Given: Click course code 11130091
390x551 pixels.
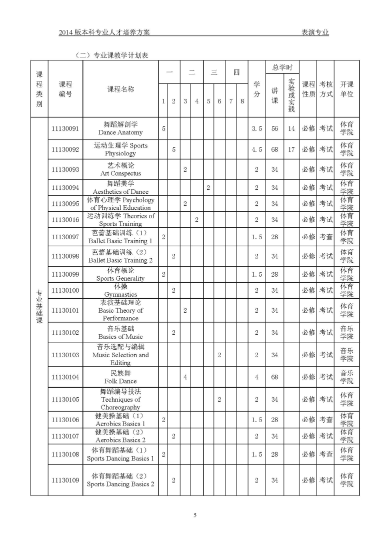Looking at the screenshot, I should pyautogui.click(x=65, y=128).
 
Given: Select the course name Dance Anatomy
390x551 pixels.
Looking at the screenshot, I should pyautogui.click(x=120, y=128).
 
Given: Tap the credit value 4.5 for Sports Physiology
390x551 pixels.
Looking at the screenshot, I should pyautogui.click(x=256, y=149).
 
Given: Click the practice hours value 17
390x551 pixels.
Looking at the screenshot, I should pyautogui.click(x=291, y=149).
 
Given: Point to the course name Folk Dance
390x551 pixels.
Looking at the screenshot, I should pyautogui.click(x=120, y=377).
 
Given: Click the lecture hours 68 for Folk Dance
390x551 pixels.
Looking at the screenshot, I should pyautogui.click(x=274, y=377).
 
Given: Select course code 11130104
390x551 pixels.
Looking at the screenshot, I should pyautogui.click(x=65, y=377).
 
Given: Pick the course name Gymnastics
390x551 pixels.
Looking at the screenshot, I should pyautogui.click(x=120, y=290).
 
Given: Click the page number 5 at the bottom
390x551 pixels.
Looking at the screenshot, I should pyautogui.click(x=195, y=515).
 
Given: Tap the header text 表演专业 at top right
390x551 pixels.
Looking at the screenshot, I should pyautogui.click(x=315, y=32).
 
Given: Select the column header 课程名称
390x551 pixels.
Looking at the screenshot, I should pyautogui.click(x=120, y=89).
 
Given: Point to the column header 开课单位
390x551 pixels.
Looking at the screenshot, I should pyautogui.click(x=346, y=89).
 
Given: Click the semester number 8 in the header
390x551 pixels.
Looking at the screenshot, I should pyautogui.click(x=242, y=101).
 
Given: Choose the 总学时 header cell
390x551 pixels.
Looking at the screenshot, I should pyautogui.click(x=282, y=67).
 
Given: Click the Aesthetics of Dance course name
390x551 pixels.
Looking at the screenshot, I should pyautogui.click(x=120, y=187).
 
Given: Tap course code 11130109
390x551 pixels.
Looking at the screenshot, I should pyautogui.click(x=65, y=480).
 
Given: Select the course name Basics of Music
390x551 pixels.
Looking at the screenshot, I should pyautogui.click(x=120, y=332).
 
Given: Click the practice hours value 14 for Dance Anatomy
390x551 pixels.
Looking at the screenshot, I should pyautogui.click(x=291, y=128).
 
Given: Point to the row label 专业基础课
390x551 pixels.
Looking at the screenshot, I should pyautogui.click(x=39, y=306).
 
